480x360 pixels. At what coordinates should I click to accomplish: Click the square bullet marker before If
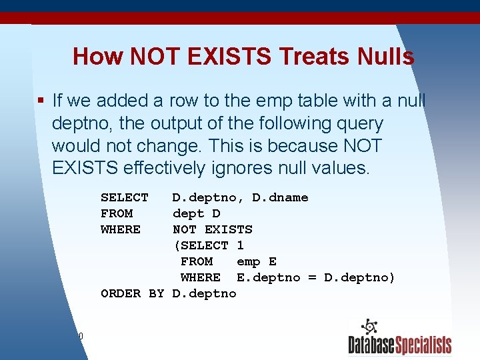(41, 101)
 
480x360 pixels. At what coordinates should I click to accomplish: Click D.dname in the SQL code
(280, 197)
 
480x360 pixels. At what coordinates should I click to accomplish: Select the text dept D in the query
(197, 213)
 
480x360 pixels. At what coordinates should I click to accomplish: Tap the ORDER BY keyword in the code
(132, 293)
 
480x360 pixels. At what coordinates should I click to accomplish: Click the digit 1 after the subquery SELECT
(241, 245)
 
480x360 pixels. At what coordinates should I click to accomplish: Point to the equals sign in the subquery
(312, 277)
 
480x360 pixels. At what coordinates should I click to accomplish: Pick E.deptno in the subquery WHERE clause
(269, 277)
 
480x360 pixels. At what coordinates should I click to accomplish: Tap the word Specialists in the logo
(424, 345)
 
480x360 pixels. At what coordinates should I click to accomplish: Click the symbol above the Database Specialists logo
(369, 327)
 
